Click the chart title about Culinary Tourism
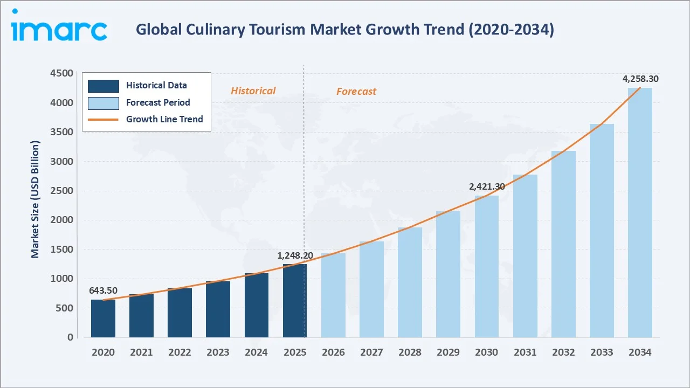coord(344,30)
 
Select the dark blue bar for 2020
coord(103,318)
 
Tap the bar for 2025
coord(295,301)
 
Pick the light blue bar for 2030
coord(486,266)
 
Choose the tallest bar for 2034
coord(640,212)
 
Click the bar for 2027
coord(371,289)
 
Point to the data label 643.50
coord(103,290)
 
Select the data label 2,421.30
coord(486,186)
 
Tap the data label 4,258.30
coord(640,79)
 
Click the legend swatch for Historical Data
coord(103,86)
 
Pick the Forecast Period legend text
coord(158,102)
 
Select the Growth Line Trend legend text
coord(164,119)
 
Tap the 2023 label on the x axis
coord(218,352)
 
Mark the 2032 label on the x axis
coord(563,352)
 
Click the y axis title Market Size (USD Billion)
coord(36,199)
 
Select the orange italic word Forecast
coord(356,92)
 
